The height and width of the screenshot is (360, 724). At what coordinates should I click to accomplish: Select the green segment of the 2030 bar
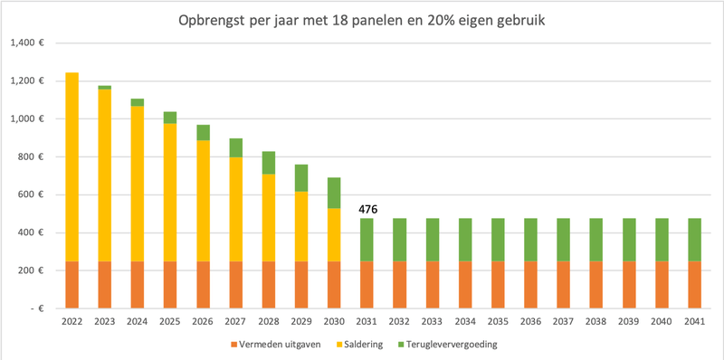pos(334,193)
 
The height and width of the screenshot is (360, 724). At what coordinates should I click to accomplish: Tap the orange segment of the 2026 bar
pos(203,285)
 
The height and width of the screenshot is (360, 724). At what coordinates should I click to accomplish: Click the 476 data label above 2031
pos(367,209)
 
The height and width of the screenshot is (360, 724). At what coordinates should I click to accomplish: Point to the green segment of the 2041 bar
pos(694,240)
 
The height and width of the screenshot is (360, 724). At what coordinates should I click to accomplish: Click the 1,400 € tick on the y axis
pos(34,43)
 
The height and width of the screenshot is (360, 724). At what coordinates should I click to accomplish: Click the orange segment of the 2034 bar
pos(465,285)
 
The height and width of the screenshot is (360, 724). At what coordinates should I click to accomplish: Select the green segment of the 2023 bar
pos(105,88)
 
